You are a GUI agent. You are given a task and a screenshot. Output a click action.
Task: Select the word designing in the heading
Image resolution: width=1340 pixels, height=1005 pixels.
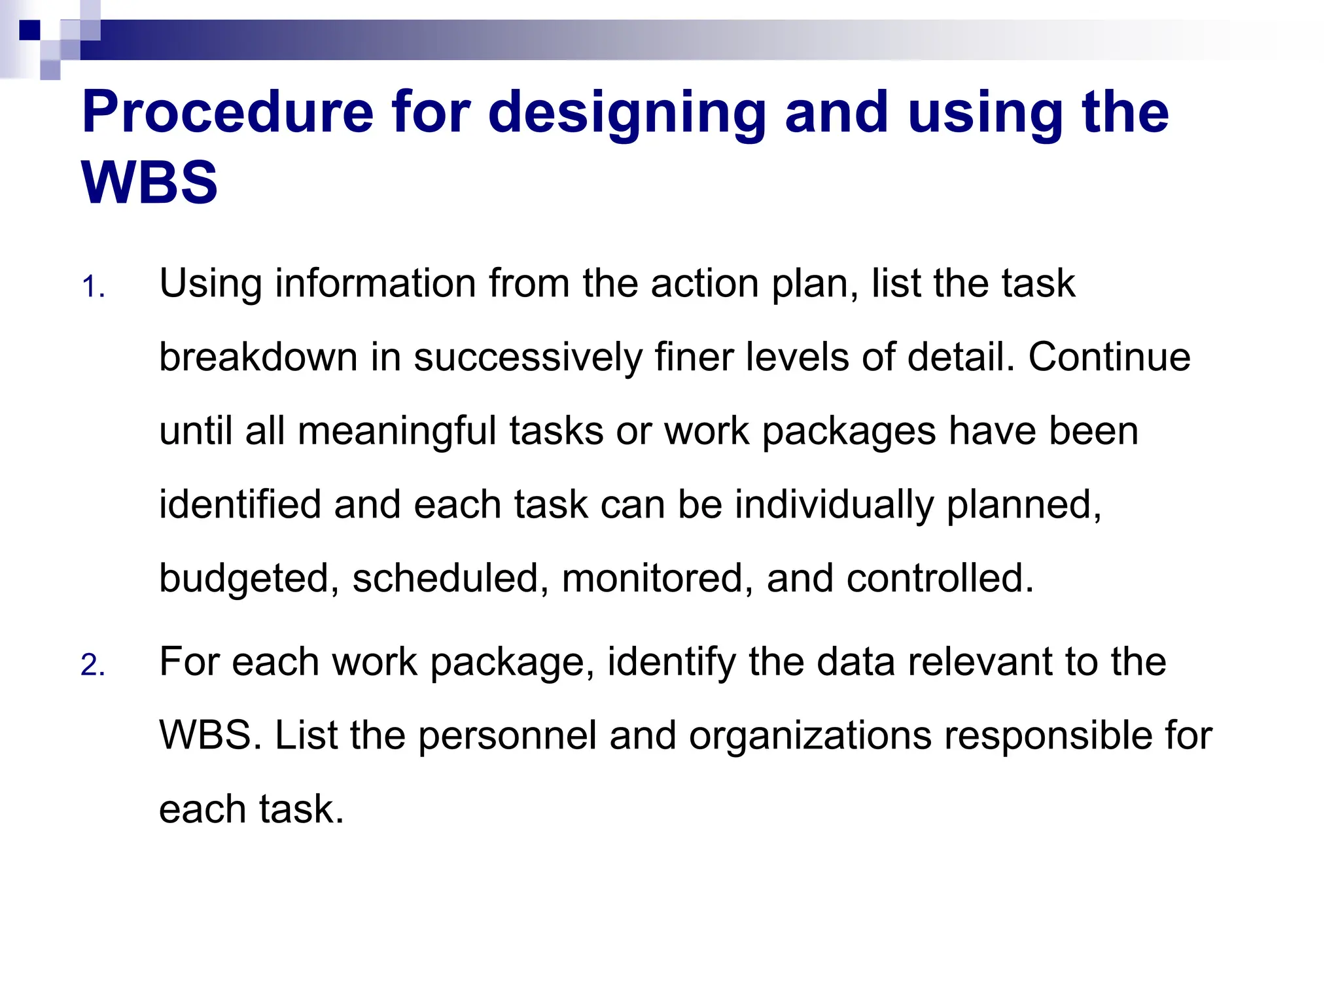tap(627, 113)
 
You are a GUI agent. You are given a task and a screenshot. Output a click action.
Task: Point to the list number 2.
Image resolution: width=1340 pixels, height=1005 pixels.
tap(92, 665)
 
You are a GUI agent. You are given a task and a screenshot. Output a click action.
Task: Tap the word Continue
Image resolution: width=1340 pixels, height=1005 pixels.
tap(1109, 357)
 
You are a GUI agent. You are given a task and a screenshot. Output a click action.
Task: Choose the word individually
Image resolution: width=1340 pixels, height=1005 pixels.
tap(834, 504)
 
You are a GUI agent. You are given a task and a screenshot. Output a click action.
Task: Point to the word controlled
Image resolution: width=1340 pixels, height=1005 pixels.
tap(940, 578)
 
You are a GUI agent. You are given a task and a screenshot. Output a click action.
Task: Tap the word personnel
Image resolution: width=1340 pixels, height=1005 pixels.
tap(507, 735)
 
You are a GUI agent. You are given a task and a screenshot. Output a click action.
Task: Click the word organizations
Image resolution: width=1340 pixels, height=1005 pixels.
tap(810, 735)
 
